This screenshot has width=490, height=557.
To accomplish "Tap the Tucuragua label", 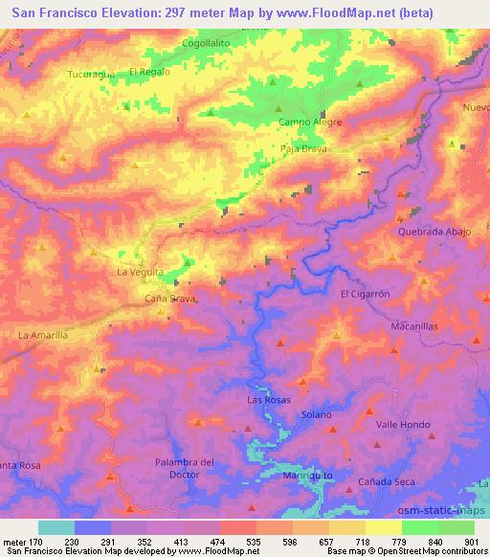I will pyautogui.click(x=92, y=74).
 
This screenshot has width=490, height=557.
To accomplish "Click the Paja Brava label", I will pyautogui.click(x=303, y=147).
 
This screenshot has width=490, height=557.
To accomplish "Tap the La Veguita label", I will pyautogui.click(x=140, y=273).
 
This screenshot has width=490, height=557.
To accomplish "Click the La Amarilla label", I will pyautogui.click(x=43, y=335).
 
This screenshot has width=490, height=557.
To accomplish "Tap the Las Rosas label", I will pyautogui.click(x=269, y=399).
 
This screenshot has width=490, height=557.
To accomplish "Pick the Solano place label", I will pyautogui.click(x=316, y=414).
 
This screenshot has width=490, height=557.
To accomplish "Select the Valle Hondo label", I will pyautogui.click(x=403, y=423).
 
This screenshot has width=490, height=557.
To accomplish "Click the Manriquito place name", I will pyautogui.click(x=307, y=475).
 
